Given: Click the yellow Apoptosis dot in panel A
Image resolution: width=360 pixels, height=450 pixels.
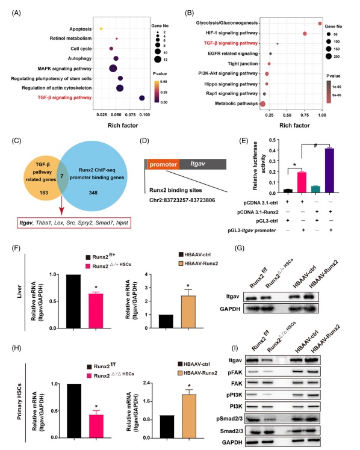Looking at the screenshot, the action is pyautogui.click(x=101, y=29).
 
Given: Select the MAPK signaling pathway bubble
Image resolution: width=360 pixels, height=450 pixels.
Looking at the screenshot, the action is pyautogui.click(x=113, y=69).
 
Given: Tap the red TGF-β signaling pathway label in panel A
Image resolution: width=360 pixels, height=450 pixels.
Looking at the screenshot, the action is pyautogui.click(x=64, y=97).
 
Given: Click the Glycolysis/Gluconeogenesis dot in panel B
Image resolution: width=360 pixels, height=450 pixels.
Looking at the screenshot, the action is pyautogui.click(x=320, y=23).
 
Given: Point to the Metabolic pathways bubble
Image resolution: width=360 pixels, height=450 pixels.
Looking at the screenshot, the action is pyautogui.click(x=262, y=104).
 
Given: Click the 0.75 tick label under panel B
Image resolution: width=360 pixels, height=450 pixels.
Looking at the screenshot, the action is pyautogui.click(x=305, y=115).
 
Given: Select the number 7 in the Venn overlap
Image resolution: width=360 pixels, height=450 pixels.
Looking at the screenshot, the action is pyautogui.click(x=62, y=176).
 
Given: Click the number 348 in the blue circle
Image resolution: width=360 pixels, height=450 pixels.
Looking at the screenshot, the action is pyautogui.click(x=93, y=193).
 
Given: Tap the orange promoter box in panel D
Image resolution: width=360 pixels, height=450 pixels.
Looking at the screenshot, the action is pyautogui.click(x=163, y=164).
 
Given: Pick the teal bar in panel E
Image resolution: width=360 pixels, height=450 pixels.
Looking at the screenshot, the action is pyautogui.click(x=315, y=189).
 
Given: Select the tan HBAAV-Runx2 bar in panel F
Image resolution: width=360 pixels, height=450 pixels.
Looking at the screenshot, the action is pyautogui.click(x=188, y=312).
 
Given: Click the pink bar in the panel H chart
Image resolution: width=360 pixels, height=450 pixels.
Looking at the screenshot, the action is pyautogui.click(x=96, y=426).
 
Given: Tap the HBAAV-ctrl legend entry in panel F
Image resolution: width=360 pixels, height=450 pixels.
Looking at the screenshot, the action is pyautogui.click(x=195, y=254).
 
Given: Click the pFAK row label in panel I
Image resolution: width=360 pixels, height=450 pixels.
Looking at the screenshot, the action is pyautogui.click(x=235, y=372).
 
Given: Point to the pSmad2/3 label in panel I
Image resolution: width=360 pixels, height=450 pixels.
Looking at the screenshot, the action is pyautogui.click(x=229, y=419).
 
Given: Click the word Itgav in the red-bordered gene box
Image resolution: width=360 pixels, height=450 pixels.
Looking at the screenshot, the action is pyautogui.click(x=25, y=223).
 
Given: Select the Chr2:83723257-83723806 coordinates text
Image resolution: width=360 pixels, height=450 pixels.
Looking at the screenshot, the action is pyautogui.click(x=182, y=200).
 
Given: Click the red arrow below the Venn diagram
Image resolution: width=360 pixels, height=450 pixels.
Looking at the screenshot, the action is pyautogui.click(x=61, y=206).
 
